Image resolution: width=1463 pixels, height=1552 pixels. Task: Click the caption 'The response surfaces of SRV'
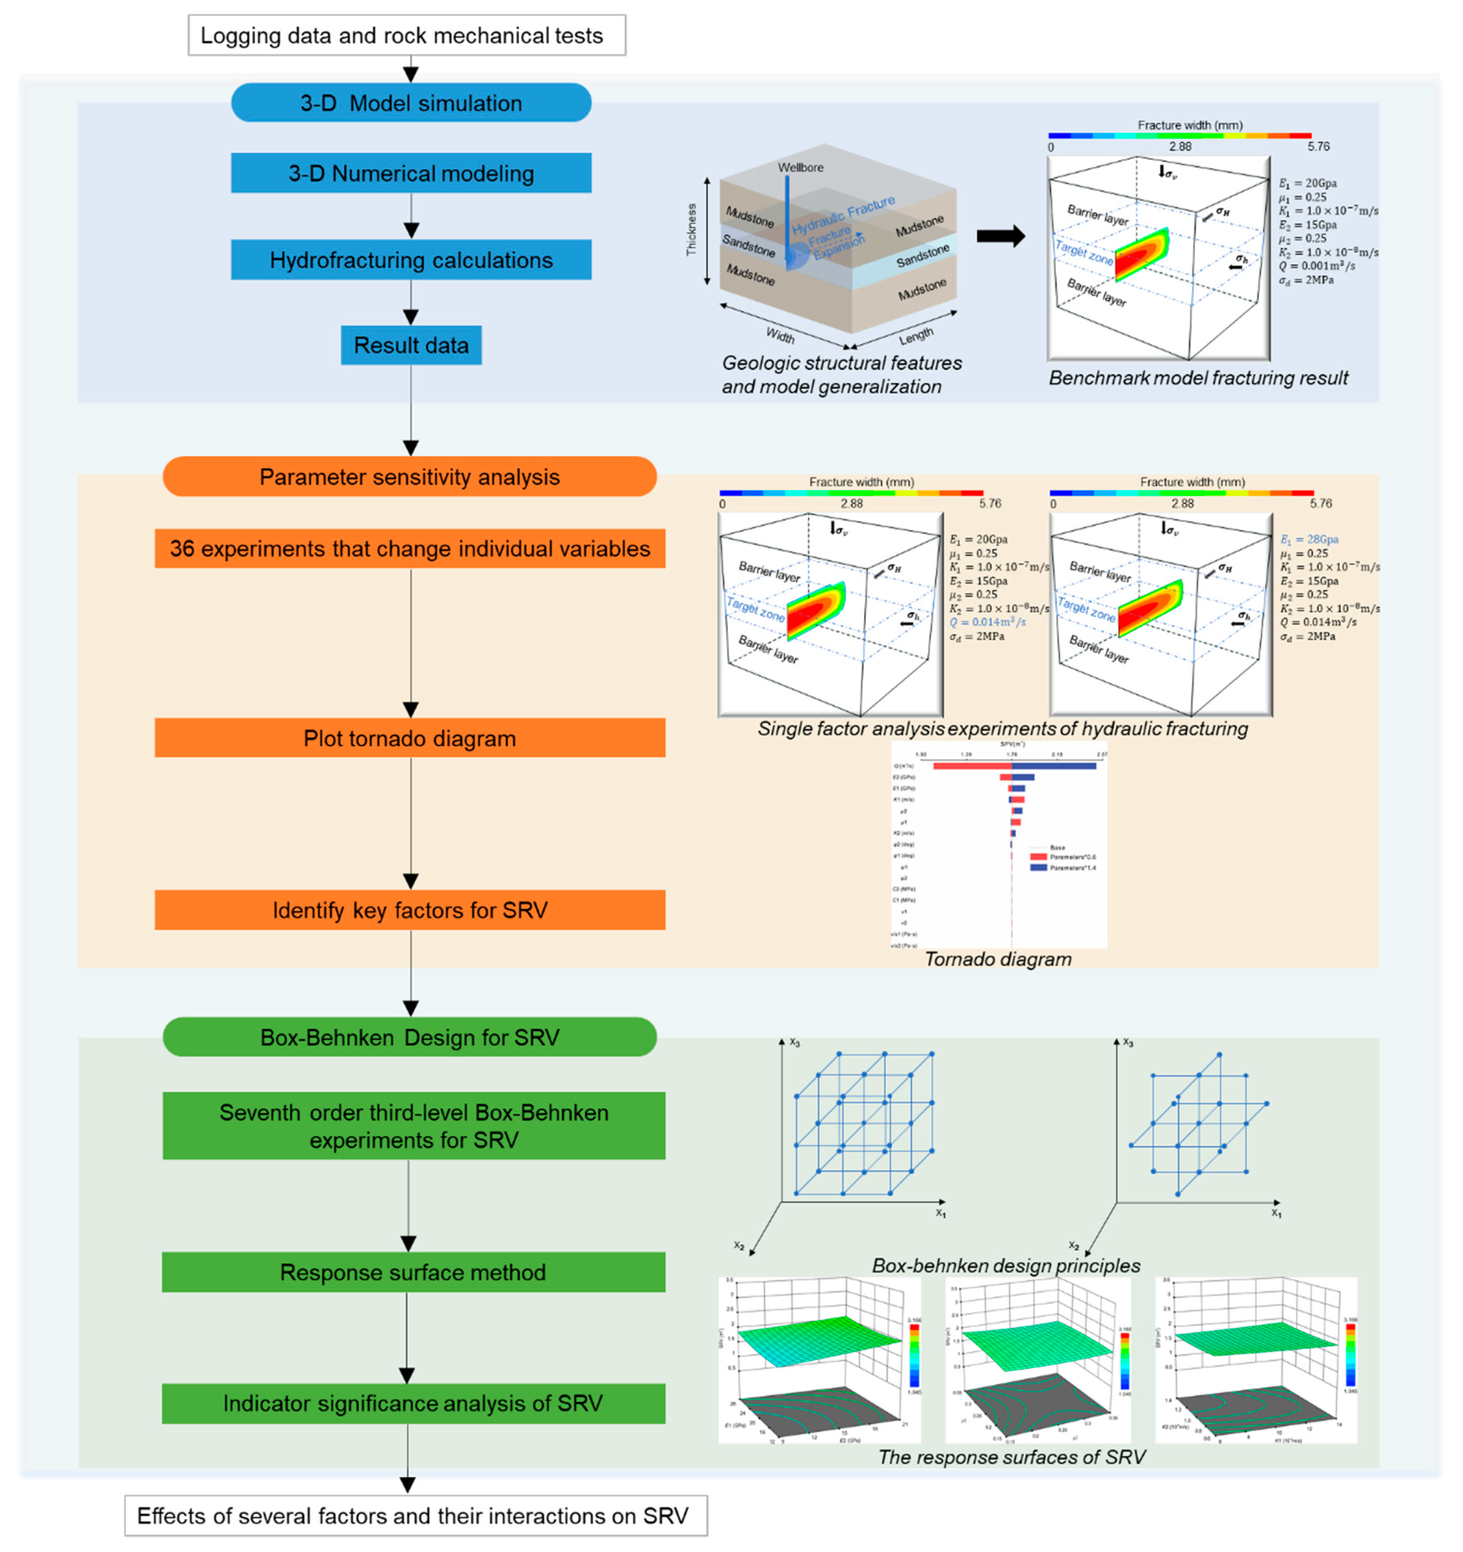(x=1011, y=1457)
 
